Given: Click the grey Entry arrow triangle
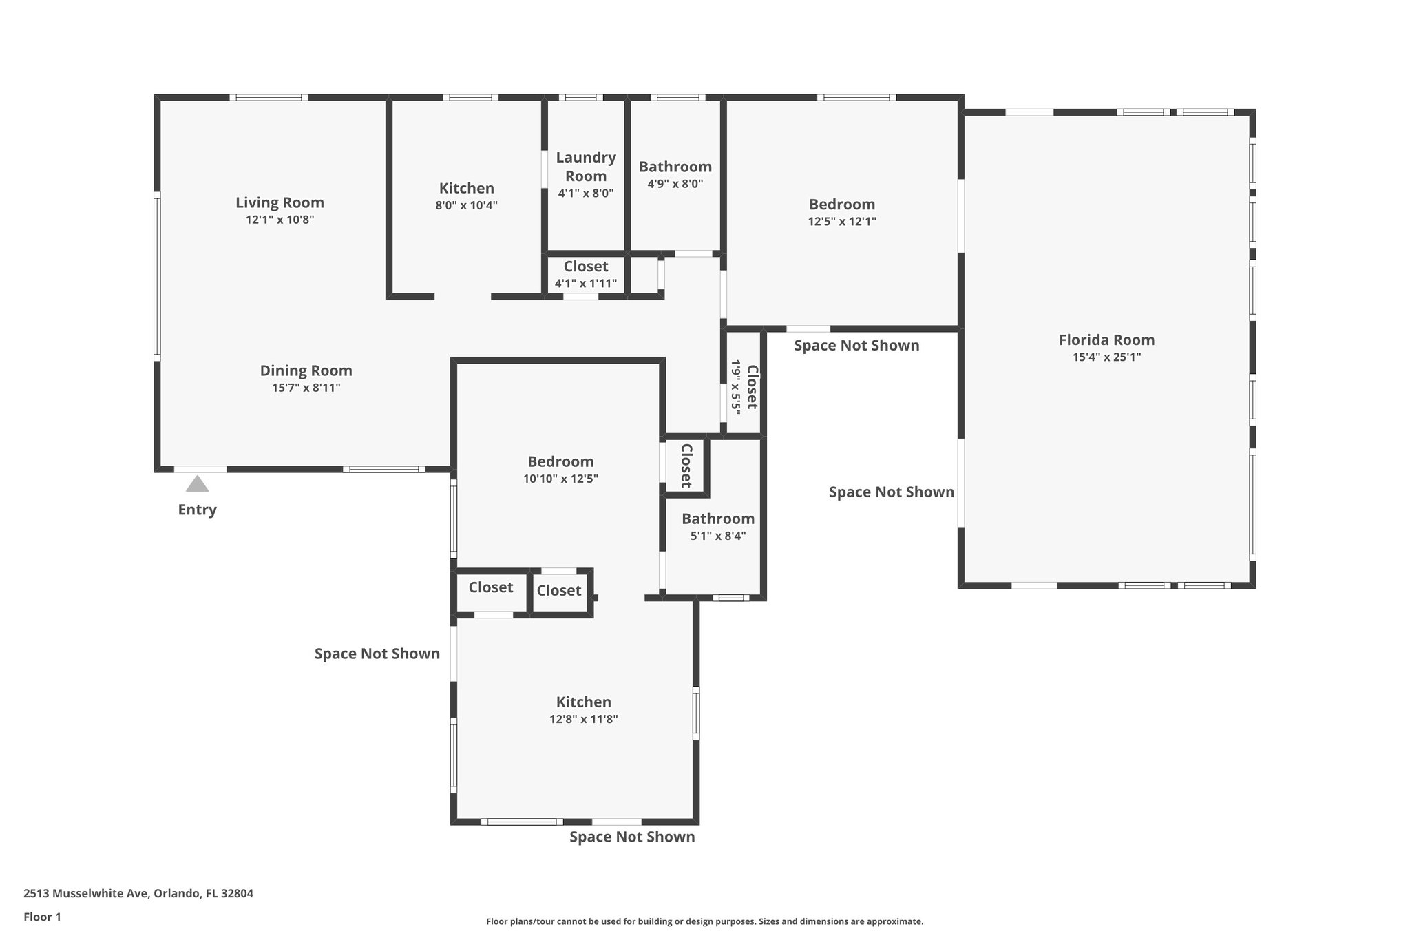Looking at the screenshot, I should (x=197, y=484).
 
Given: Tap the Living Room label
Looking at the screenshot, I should (x=280, y=202).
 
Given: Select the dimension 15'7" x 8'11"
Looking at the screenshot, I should (x=306, y=388).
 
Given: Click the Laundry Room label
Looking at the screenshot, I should (x=586, y=167).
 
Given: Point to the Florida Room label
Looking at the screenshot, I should (x=1106, y=340).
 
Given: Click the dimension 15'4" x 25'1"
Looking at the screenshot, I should (x=1106, y=357).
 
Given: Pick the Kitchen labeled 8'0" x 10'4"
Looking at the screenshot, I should (x=467, y=188).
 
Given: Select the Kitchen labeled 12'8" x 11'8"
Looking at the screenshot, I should (x=584, y=702).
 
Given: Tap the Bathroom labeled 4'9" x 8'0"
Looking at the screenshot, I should (x=675, y=167).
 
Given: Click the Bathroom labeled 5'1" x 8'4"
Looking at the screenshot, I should (x=718, y=519).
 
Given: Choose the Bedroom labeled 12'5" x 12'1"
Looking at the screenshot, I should (x=842, y=204).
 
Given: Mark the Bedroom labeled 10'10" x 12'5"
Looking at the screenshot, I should (x=560, y=461).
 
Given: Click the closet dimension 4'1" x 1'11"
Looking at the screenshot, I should (x=586, y=283).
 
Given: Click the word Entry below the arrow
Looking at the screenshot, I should (x=197, y=510).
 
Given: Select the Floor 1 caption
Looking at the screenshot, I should (x=42, y=917).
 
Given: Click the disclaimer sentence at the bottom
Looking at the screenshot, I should (x=704, y=921).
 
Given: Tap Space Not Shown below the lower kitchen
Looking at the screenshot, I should (x=632, y=837).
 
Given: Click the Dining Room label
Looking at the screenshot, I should (x=306, y=370).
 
